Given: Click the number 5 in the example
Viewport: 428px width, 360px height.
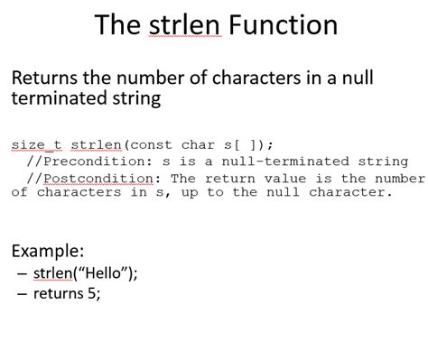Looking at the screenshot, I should coord(94,292).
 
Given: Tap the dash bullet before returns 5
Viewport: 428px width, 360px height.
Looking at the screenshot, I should coord(21,292).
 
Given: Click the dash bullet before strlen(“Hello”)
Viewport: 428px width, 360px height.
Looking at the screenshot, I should coord(21,272).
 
